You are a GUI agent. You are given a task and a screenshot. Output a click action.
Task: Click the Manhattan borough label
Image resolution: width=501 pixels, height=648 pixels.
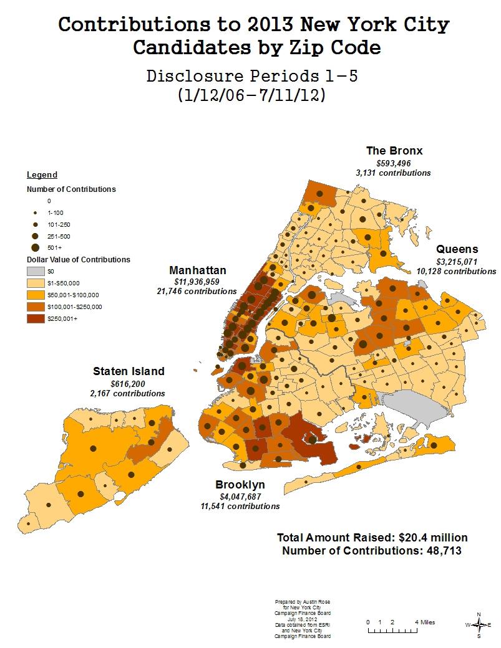tap(198, 270)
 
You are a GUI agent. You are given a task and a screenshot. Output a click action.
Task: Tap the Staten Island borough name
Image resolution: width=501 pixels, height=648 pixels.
tap(129, 371)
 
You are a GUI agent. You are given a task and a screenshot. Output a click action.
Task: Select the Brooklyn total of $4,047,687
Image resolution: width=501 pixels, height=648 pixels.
tap(240, 497)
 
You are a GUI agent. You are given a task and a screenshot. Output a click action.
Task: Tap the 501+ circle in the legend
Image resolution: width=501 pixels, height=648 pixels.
tap(36, 247)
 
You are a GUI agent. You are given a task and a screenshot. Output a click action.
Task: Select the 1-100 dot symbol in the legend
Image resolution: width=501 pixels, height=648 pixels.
tap(36, 212)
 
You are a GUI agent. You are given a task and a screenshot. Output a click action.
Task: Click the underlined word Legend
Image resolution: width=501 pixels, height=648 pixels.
tap(42, 175)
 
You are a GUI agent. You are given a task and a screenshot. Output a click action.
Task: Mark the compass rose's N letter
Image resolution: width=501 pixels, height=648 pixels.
tap(479, 614)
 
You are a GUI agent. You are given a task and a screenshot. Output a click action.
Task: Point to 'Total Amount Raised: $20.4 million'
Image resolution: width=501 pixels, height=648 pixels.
tap(372, 538)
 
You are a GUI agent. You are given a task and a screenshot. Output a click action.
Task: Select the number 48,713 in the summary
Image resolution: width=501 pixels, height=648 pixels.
tap(440, 550)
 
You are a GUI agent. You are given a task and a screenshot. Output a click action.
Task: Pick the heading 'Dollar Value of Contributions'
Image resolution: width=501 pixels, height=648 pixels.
tap(79, 259)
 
